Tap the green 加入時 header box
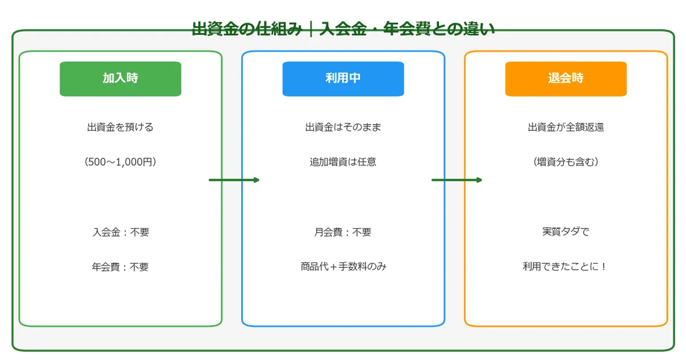click(120, 79)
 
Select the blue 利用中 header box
click(343, 79)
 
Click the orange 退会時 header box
click(565, 79)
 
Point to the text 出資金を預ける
click(120, 127)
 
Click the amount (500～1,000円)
click(120, 162)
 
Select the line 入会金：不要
click(120, 233)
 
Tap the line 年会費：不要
click(120, 267)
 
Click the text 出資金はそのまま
click(343, 127)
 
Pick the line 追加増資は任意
click(343, 162)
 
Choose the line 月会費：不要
click(343, 233)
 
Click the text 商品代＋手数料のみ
click(343, 267)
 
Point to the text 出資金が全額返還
click(565, 127)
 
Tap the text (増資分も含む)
click(565, 162)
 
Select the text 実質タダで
click(565, 233)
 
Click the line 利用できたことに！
click(565, 267)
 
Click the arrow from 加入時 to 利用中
click(234, 180)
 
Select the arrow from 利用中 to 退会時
click(457, 180)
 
